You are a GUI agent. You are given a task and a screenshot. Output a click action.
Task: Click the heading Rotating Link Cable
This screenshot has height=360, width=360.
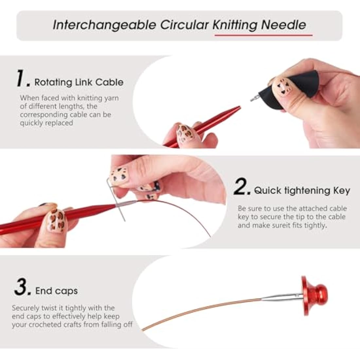[79, 82]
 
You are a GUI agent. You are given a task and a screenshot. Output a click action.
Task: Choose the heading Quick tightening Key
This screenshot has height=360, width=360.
[302, 190]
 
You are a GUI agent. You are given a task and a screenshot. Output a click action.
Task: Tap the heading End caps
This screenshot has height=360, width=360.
[56, 291]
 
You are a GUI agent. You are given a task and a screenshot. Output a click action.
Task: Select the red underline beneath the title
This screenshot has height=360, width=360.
[263, 35]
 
